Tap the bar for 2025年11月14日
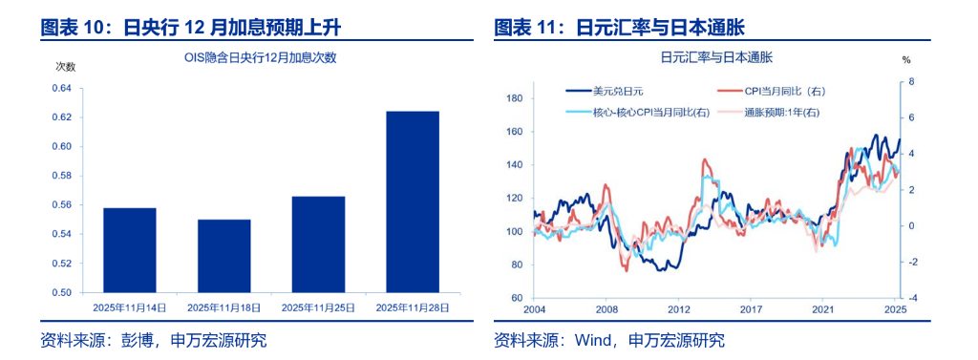(129, 249)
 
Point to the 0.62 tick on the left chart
(60, 117)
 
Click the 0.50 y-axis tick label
(60, 292)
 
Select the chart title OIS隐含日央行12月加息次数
(260, 57)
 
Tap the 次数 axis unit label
(65, 66)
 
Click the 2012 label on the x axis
(679, 309)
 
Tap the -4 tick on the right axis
(912, 298)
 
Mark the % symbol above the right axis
(906, 59)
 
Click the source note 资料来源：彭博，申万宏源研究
(153, 340)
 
